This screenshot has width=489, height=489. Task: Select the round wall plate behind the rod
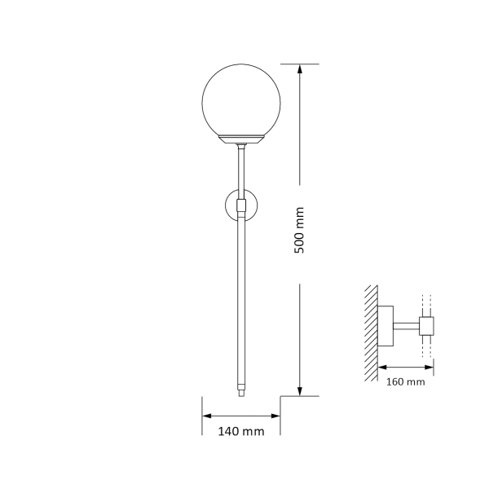coord(231,205)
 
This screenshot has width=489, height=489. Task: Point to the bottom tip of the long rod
coord(241,393)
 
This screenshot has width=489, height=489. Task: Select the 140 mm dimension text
coord(242,432)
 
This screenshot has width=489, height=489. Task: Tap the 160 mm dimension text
coord(405,381)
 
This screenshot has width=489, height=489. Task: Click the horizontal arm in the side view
coord(407,328)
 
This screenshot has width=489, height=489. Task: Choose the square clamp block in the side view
coord(427,328)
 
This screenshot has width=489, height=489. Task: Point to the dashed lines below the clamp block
coord(427,348)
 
